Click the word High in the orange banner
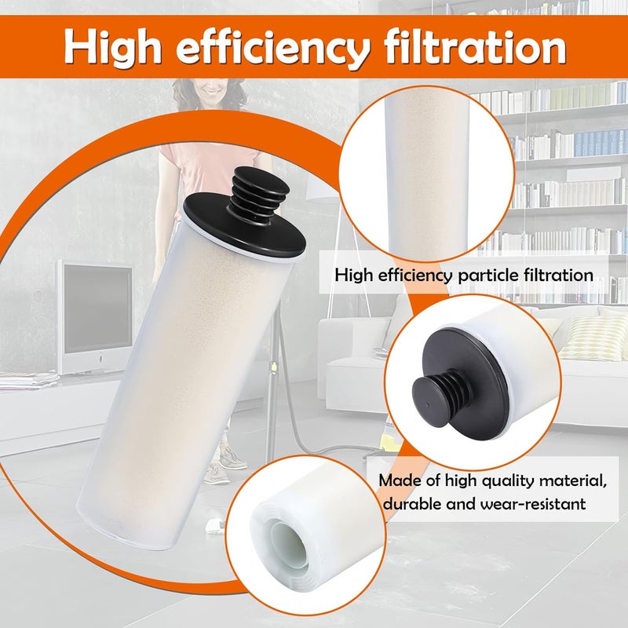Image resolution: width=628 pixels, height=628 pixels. click(x=112, y=47)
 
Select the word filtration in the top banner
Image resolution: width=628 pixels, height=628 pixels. click(x=475, y=46)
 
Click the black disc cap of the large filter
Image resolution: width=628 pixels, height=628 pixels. click(x=244, y=226)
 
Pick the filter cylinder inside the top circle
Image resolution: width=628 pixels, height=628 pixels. click(x=427, y=172)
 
